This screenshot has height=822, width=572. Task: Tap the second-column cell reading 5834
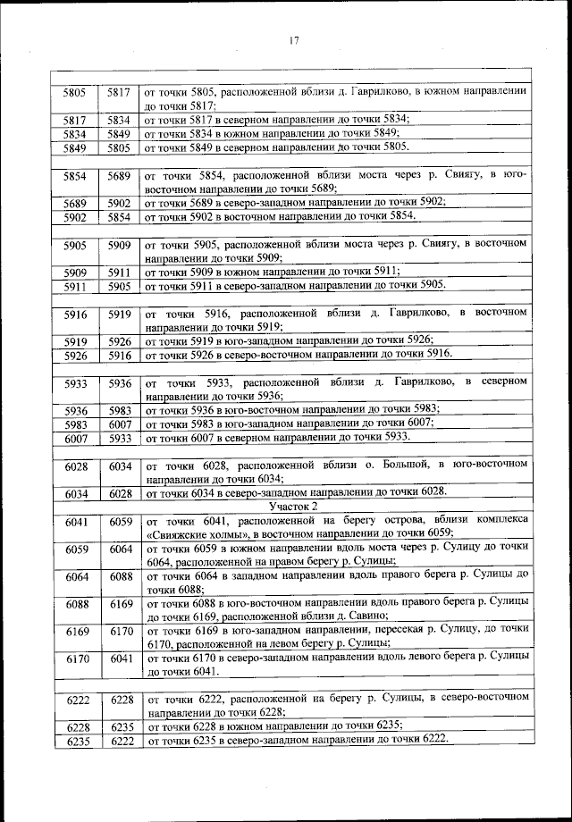click(120, 119)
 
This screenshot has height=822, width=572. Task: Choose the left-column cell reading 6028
click(76, 466)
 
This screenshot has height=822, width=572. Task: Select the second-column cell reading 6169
click(121, 604)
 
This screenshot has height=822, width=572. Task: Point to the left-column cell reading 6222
click(76, 700)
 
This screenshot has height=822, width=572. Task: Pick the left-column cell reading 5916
click(74, 314)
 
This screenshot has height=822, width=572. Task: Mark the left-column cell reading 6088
click(76, 604)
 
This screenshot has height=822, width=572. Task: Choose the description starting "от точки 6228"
click(273, 726)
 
